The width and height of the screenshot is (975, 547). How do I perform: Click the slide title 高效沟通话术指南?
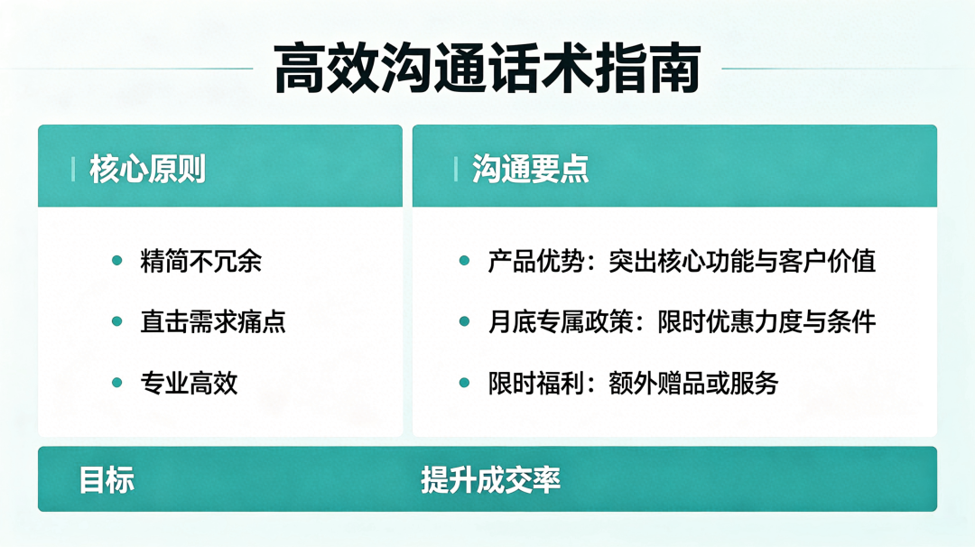click(x=487, y=69)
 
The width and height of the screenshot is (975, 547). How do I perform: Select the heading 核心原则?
click(x=147, y=169)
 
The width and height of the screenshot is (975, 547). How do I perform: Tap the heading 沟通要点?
click(x=531, y=169)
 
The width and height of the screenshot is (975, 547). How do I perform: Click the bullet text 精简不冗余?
click(x=200, y=261)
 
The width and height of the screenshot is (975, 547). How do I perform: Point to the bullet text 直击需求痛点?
click(x=213, y=322)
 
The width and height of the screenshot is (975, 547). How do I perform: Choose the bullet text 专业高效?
click(x=189, y=383)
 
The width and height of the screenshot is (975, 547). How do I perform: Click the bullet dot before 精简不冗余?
click(x=116, y=261)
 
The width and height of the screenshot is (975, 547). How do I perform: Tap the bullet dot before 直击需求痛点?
click(x=116, y=321)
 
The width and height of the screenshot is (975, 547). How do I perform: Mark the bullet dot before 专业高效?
click(x=116, y=383)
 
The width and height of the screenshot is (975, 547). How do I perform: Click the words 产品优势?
click(x=536, y=261)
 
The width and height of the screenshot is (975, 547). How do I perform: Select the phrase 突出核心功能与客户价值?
click(x=742, y=261)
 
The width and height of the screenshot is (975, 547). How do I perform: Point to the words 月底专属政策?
click(x=561, y=322)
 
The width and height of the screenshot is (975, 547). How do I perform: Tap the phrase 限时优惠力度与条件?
click(x=766, y=322)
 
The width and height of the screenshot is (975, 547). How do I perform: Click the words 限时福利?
click(x=536, y=383)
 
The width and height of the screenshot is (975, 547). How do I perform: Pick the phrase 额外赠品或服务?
click(x=693, y=383)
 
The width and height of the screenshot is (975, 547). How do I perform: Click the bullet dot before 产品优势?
click(x=464, y=261)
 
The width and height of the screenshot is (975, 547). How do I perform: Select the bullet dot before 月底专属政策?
click(x=464, y=321)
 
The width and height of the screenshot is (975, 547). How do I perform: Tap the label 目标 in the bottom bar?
click(x=107, y=480)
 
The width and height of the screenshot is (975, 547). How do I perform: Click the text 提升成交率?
click(x=490, y=480)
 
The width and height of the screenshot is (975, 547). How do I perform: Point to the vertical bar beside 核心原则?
click(x=73, y=169)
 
